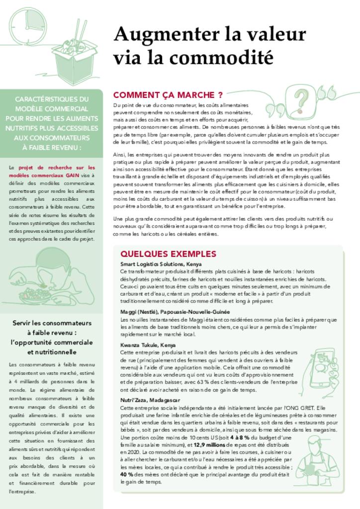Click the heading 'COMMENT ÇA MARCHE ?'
pos(168,94)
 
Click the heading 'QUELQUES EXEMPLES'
pos(168,254)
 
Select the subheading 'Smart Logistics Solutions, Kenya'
pos(161,264)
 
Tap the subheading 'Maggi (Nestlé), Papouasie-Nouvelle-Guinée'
pos(175,312)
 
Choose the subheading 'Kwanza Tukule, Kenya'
pos(148,344)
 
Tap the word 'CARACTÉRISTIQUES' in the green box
pos(52,99)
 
